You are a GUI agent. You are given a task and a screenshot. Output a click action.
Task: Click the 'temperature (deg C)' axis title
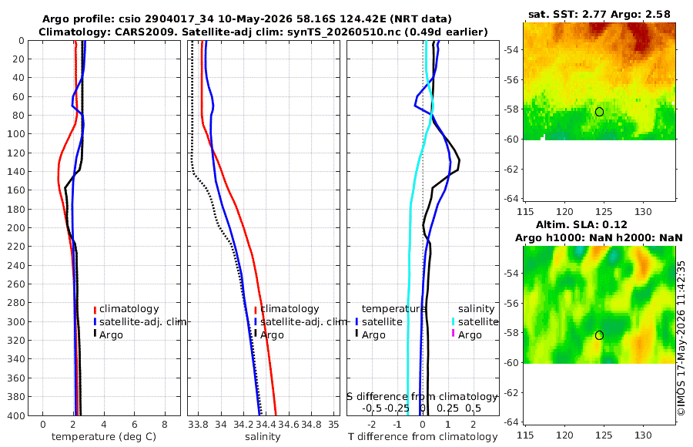tap(104, 437)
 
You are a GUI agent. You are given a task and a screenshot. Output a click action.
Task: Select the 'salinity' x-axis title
tap(263, 437)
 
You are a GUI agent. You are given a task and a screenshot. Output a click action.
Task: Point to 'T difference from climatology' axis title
tap(423, 437)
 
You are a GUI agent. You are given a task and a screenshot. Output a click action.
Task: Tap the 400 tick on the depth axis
tap(16, 415)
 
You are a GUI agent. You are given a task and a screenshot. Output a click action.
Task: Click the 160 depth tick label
tap(16, 190)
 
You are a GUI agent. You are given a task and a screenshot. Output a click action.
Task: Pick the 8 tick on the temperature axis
tap(165, 424)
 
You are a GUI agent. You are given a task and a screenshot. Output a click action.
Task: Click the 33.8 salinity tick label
tap(198, 424)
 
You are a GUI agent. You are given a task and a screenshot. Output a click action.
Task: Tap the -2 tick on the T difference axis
tap(372, 424)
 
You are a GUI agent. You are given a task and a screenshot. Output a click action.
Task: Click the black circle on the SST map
tap(599, 112)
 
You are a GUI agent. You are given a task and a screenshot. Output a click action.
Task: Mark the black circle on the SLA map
tap(599, 335)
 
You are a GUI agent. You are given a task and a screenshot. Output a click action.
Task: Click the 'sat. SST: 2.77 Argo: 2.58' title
tap(599, 14)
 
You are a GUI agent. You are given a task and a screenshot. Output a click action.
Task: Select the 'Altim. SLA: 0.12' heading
tap(581, 225)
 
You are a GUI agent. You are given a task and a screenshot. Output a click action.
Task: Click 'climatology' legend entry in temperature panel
tap(129, 309)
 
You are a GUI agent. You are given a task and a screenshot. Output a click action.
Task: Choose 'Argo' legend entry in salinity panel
tap(272, 335)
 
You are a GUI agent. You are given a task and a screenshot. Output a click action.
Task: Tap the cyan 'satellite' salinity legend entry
tap(477, 321)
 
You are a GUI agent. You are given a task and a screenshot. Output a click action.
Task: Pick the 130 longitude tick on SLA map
tap(643, 435)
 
